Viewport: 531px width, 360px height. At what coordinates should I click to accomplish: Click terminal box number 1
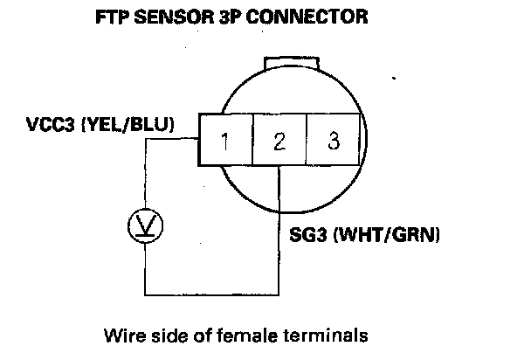(x=225, y=140)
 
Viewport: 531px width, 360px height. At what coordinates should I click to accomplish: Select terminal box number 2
(x=279, y=140)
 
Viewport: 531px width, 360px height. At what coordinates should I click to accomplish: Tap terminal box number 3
(x=333, y=140)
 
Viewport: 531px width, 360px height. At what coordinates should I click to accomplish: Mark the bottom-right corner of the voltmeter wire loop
(x=279, y=294)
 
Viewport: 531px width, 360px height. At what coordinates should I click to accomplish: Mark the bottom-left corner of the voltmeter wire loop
(x=145, y=294)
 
